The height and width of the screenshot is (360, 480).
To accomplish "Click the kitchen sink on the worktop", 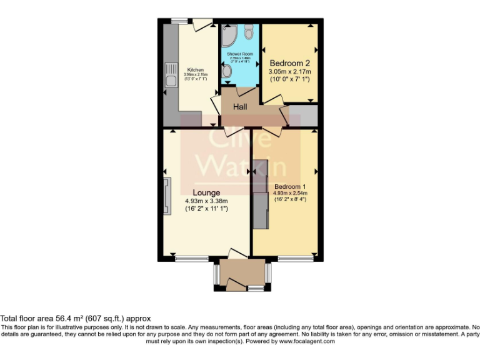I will tap(169, 75).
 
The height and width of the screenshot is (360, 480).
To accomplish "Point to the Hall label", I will tap(240, 107).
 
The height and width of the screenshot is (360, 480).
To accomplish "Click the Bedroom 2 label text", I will tap(289, 63).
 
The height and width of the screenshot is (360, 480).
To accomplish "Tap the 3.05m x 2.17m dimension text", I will tap(289, 72).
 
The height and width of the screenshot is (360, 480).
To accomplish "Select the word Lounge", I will tap(206, 192).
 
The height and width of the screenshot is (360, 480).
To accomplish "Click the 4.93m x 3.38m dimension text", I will tap(206, 201).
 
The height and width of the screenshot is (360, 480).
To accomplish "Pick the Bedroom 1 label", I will tap(290, 186).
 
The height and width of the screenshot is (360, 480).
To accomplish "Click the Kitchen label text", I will tap(196, 69).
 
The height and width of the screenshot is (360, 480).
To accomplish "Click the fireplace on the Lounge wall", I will tap(166, 196).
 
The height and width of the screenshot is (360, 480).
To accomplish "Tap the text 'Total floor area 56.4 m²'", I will tap(55, 319).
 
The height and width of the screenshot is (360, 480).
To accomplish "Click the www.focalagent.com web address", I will tap(306, 342).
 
